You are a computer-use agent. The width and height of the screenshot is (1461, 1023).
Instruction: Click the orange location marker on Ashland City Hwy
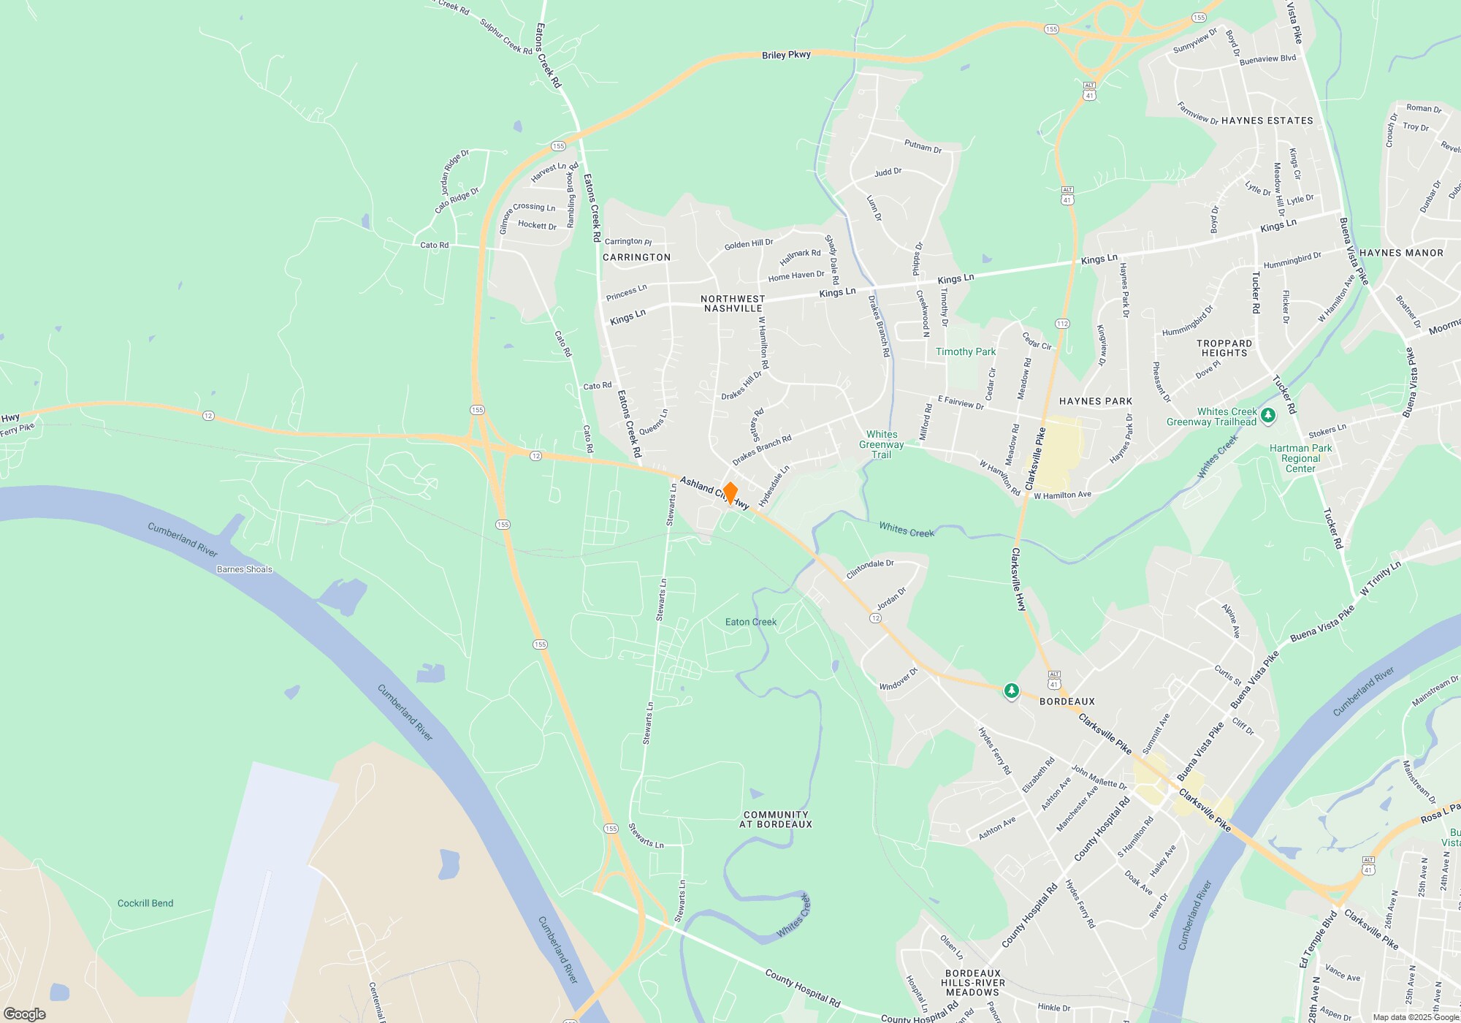point(730,493)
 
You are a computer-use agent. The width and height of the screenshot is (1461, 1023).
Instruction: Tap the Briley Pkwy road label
point(786,55)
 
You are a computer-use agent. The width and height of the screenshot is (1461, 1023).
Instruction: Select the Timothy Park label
point(966,351)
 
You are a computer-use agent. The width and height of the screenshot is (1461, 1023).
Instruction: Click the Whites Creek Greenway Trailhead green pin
point(1268,415)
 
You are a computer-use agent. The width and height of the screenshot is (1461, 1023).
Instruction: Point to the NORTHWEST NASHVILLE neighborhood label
point(733,303)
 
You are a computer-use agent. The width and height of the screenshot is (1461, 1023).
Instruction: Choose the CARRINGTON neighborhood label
point(636,257)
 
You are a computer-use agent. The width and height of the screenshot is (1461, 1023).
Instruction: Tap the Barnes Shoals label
point(244,569)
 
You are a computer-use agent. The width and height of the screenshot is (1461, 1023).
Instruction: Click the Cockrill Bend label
point(145,903)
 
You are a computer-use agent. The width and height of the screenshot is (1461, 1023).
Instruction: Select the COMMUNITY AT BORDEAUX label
point(776,819)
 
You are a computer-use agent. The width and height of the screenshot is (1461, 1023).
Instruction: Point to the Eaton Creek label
point(751,622)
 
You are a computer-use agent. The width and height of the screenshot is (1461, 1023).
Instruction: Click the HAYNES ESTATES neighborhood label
point(1267,121)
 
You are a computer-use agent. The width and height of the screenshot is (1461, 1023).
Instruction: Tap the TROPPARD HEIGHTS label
point(1224,348)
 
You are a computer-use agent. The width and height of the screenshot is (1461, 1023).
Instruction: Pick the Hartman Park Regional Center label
point(1300,458)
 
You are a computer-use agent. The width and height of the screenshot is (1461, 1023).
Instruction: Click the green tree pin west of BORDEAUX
point(1011,690)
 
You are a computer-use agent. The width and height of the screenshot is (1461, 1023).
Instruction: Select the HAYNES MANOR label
point(1401,253)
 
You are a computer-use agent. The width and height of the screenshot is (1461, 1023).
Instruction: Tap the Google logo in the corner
point(25,1014)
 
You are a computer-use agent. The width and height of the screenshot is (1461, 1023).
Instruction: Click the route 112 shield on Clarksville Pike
point(1062,324)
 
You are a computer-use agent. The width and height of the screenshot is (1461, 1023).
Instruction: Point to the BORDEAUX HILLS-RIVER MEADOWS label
point(972,983)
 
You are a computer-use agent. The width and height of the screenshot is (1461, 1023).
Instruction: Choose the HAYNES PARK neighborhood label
point(1095,401)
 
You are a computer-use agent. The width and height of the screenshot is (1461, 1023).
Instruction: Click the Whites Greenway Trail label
point(882,444)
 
